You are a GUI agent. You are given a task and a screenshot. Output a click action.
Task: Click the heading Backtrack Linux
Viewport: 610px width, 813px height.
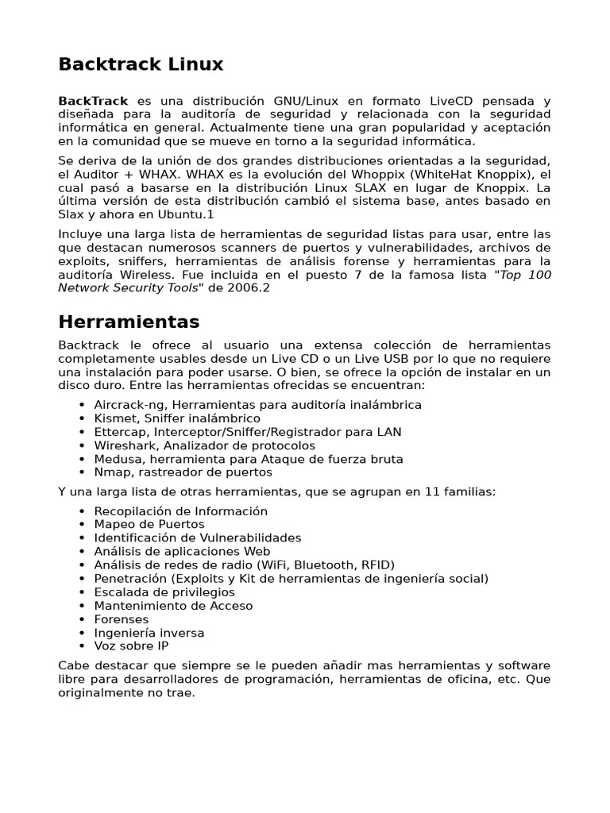coord(141,64)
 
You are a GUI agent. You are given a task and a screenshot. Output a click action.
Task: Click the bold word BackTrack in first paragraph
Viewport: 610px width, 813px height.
coord(93,101)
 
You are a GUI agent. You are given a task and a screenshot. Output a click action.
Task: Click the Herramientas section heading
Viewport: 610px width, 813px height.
coord(129,322)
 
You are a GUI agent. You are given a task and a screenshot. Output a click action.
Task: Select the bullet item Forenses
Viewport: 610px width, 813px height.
coord(121,619)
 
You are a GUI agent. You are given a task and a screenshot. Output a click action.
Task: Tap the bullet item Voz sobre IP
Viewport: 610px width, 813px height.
coord(131,646)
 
